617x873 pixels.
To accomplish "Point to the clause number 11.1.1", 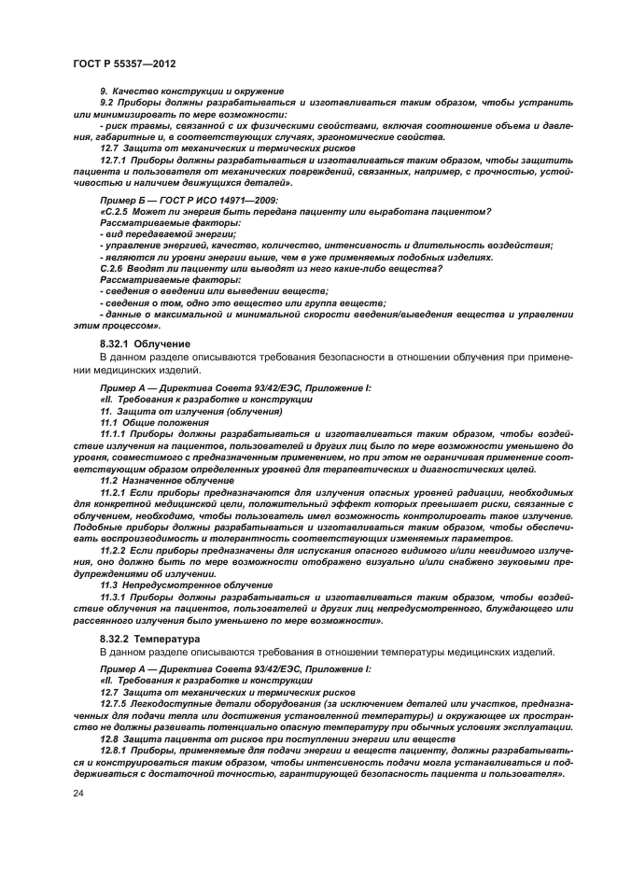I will coord(113,434).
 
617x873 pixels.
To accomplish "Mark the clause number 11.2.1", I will coord(113,492).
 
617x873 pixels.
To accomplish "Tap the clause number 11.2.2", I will coord(113,551).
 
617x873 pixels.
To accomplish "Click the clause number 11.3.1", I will coord(113,598).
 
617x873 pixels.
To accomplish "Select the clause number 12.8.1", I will coord(113,750).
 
